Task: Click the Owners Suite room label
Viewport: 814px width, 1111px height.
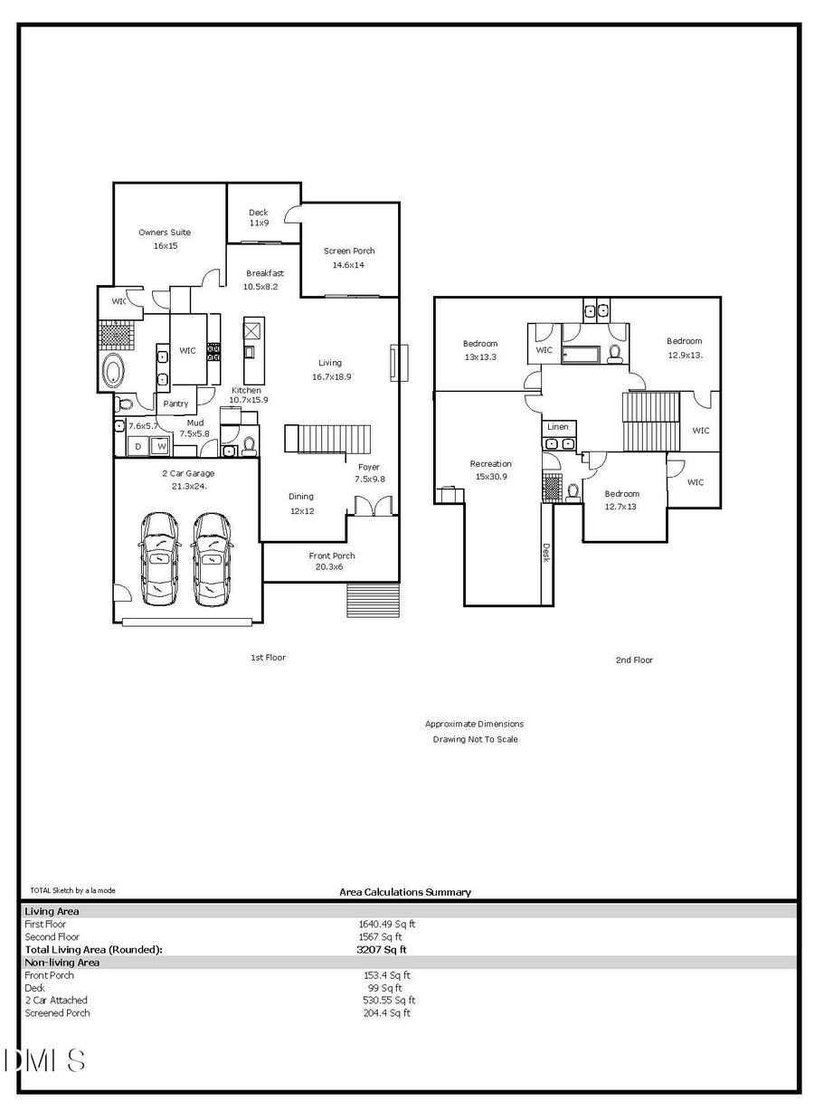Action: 165,233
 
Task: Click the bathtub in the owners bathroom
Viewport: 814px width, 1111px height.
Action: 115,371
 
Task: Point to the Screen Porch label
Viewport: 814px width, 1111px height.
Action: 349,251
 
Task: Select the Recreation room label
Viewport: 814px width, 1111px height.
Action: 490,464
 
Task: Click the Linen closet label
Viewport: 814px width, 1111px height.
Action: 558,427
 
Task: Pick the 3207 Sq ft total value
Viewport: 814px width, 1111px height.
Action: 382,950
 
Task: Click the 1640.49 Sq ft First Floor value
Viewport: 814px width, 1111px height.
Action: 387,925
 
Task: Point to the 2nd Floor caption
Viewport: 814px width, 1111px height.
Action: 634,660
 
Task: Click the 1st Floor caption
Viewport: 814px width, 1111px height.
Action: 268,658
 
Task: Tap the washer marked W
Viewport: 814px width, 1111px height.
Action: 161,446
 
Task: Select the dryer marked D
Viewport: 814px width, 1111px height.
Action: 138,446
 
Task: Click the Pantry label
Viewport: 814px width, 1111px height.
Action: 175,404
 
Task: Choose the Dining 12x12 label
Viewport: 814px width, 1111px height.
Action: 301,502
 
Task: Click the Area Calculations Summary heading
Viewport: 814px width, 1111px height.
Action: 405,892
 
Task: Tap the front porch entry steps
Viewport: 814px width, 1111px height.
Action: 372,601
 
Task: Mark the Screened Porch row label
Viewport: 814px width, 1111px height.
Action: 57,1013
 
